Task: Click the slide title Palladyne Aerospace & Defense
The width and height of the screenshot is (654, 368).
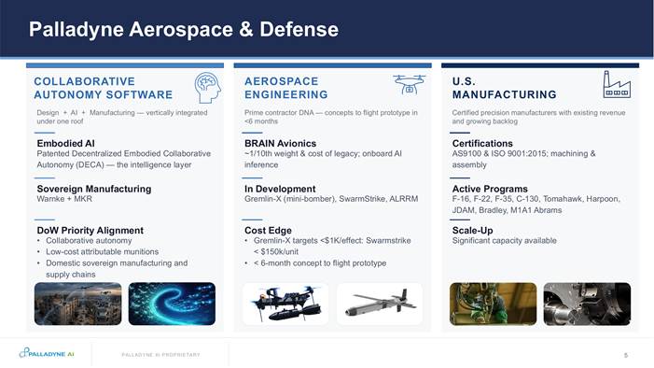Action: pos(184,30)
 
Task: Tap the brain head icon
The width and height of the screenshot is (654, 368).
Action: pos(208,88)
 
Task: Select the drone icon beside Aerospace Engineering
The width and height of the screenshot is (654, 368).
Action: pos(410,84)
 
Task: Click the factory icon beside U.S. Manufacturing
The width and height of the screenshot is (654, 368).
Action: pos(617,84)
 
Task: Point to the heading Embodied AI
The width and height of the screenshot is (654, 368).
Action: pos(66,143)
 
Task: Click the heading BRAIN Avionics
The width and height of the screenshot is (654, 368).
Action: pos(280,143)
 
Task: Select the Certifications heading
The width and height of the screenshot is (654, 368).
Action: pos(482,143)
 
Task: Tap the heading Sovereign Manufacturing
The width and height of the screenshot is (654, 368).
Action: pos(94,189)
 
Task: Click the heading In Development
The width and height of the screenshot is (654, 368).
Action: pos(280,189)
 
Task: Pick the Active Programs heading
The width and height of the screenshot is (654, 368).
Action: pos(490,189)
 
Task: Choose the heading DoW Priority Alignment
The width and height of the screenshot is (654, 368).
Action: pos(90,231)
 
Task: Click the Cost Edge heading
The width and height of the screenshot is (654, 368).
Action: pos(268,231)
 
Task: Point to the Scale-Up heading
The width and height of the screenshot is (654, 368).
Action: pos(473,231)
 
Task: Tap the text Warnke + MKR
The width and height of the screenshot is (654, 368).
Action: pos(64,199)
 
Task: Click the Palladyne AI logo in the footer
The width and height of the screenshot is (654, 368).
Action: pos(47,353)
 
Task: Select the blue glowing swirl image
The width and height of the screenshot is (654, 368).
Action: pos(172,304)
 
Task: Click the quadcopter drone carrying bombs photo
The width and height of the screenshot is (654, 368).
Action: pos(285,304)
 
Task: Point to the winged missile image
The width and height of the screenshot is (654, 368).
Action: pos(380,304)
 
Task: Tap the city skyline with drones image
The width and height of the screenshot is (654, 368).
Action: pos(78,304)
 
